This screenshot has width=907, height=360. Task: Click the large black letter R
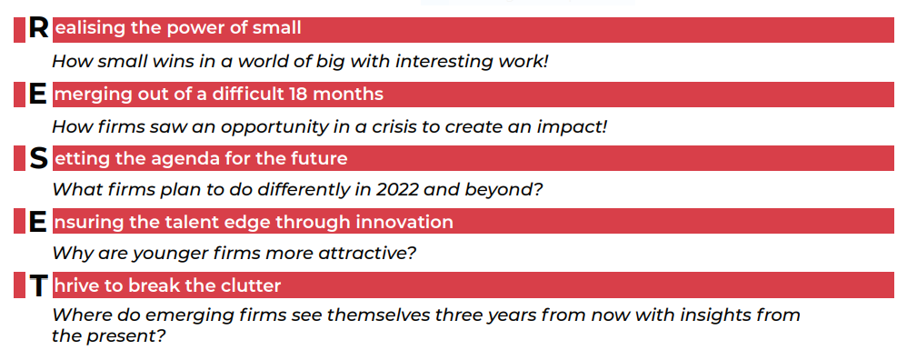coord(38,29)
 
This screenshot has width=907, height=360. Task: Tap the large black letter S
coord(38,158)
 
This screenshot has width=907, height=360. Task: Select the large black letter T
coord(38,286)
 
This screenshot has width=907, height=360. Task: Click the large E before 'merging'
coord(37,95)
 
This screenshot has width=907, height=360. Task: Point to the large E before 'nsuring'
coord(37,222)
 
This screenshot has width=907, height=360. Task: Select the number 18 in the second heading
coord(299,94)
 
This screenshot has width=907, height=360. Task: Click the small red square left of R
coord(19,29)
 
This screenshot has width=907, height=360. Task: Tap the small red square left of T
coord(19,285)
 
